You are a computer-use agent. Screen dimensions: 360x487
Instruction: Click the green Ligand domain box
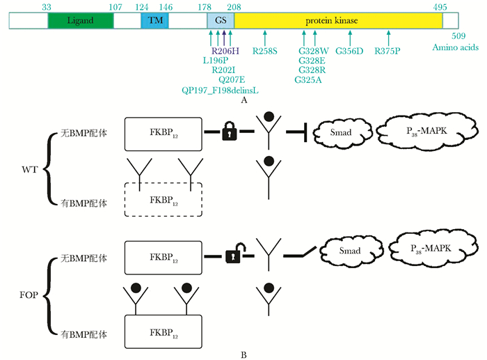(79, 21)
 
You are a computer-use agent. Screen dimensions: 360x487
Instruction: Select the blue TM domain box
(154, 21)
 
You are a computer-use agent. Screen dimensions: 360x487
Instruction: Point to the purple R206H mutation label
(225, 51)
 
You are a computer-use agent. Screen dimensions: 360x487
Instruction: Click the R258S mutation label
(264, 51)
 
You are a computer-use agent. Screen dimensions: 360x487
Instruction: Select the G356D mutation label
(349, 51)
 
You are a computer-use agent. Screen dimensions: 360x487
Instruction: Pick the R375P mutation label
(388, 51)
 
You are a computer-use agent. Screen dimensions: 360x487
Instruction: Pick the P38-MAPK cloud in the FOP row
(426, 249)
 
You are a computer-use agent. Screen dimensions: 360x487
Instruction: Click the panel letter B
(243, 354)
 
